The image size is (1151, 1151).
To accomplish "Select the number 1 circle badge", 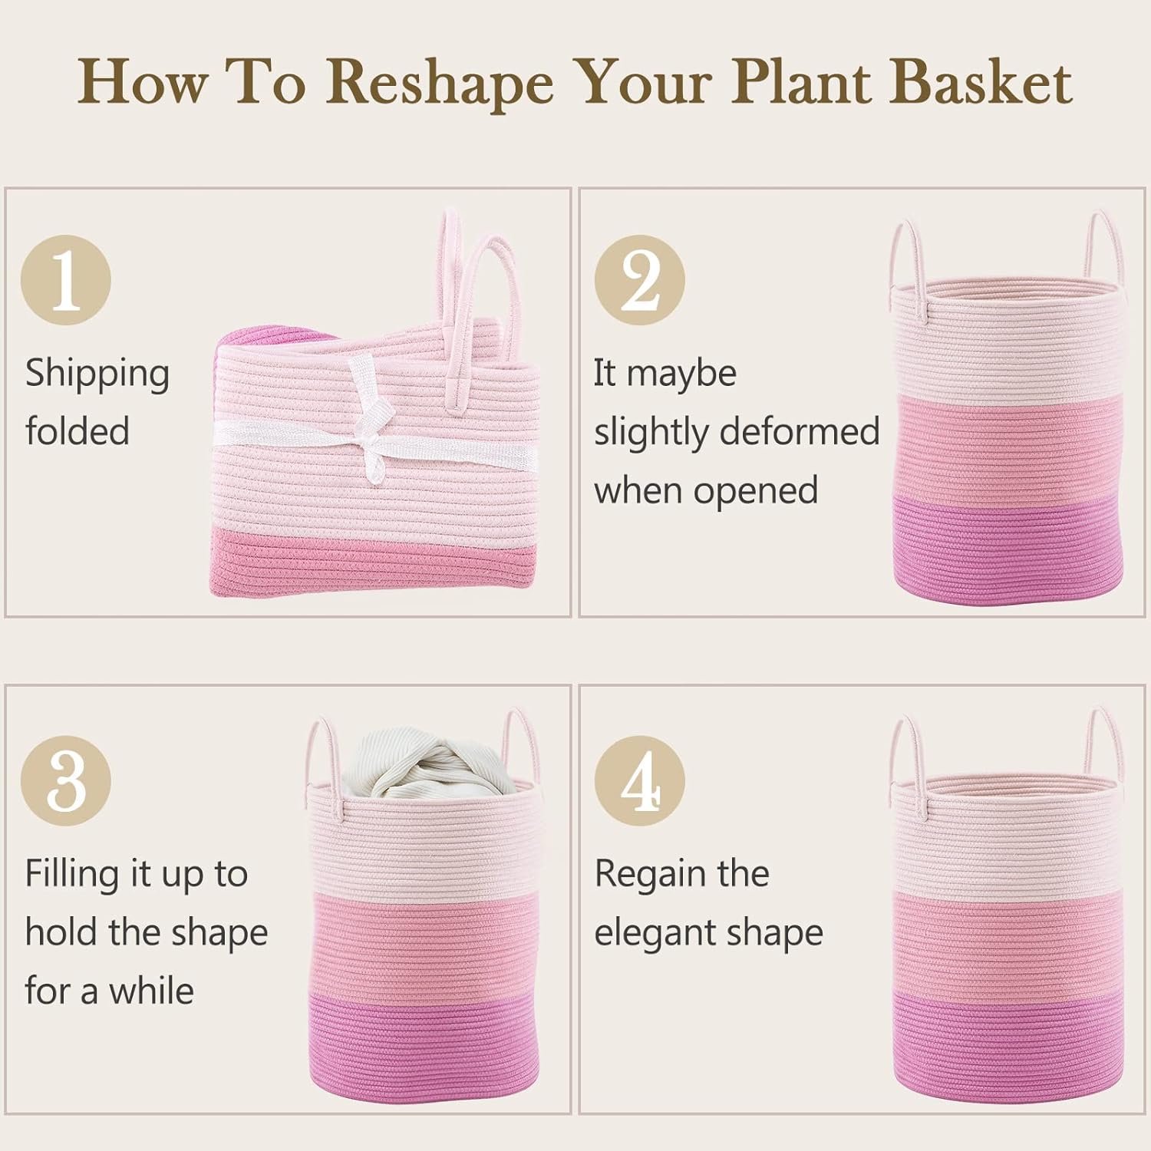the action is (x=66, y=279).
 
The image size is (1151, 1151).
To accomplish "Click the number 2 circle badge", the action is (x=640, y=279).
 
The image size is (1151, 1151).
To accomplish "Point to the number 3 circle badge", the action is (x=66, y=780).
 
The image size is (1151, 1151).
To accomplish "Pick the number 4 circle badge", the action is (x=640, y=780).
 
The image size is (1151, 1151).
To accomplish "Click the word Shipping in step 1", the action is (x=97, y=374).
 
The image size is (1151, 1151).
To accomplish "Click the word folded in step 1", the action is (x=78, y=431).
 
